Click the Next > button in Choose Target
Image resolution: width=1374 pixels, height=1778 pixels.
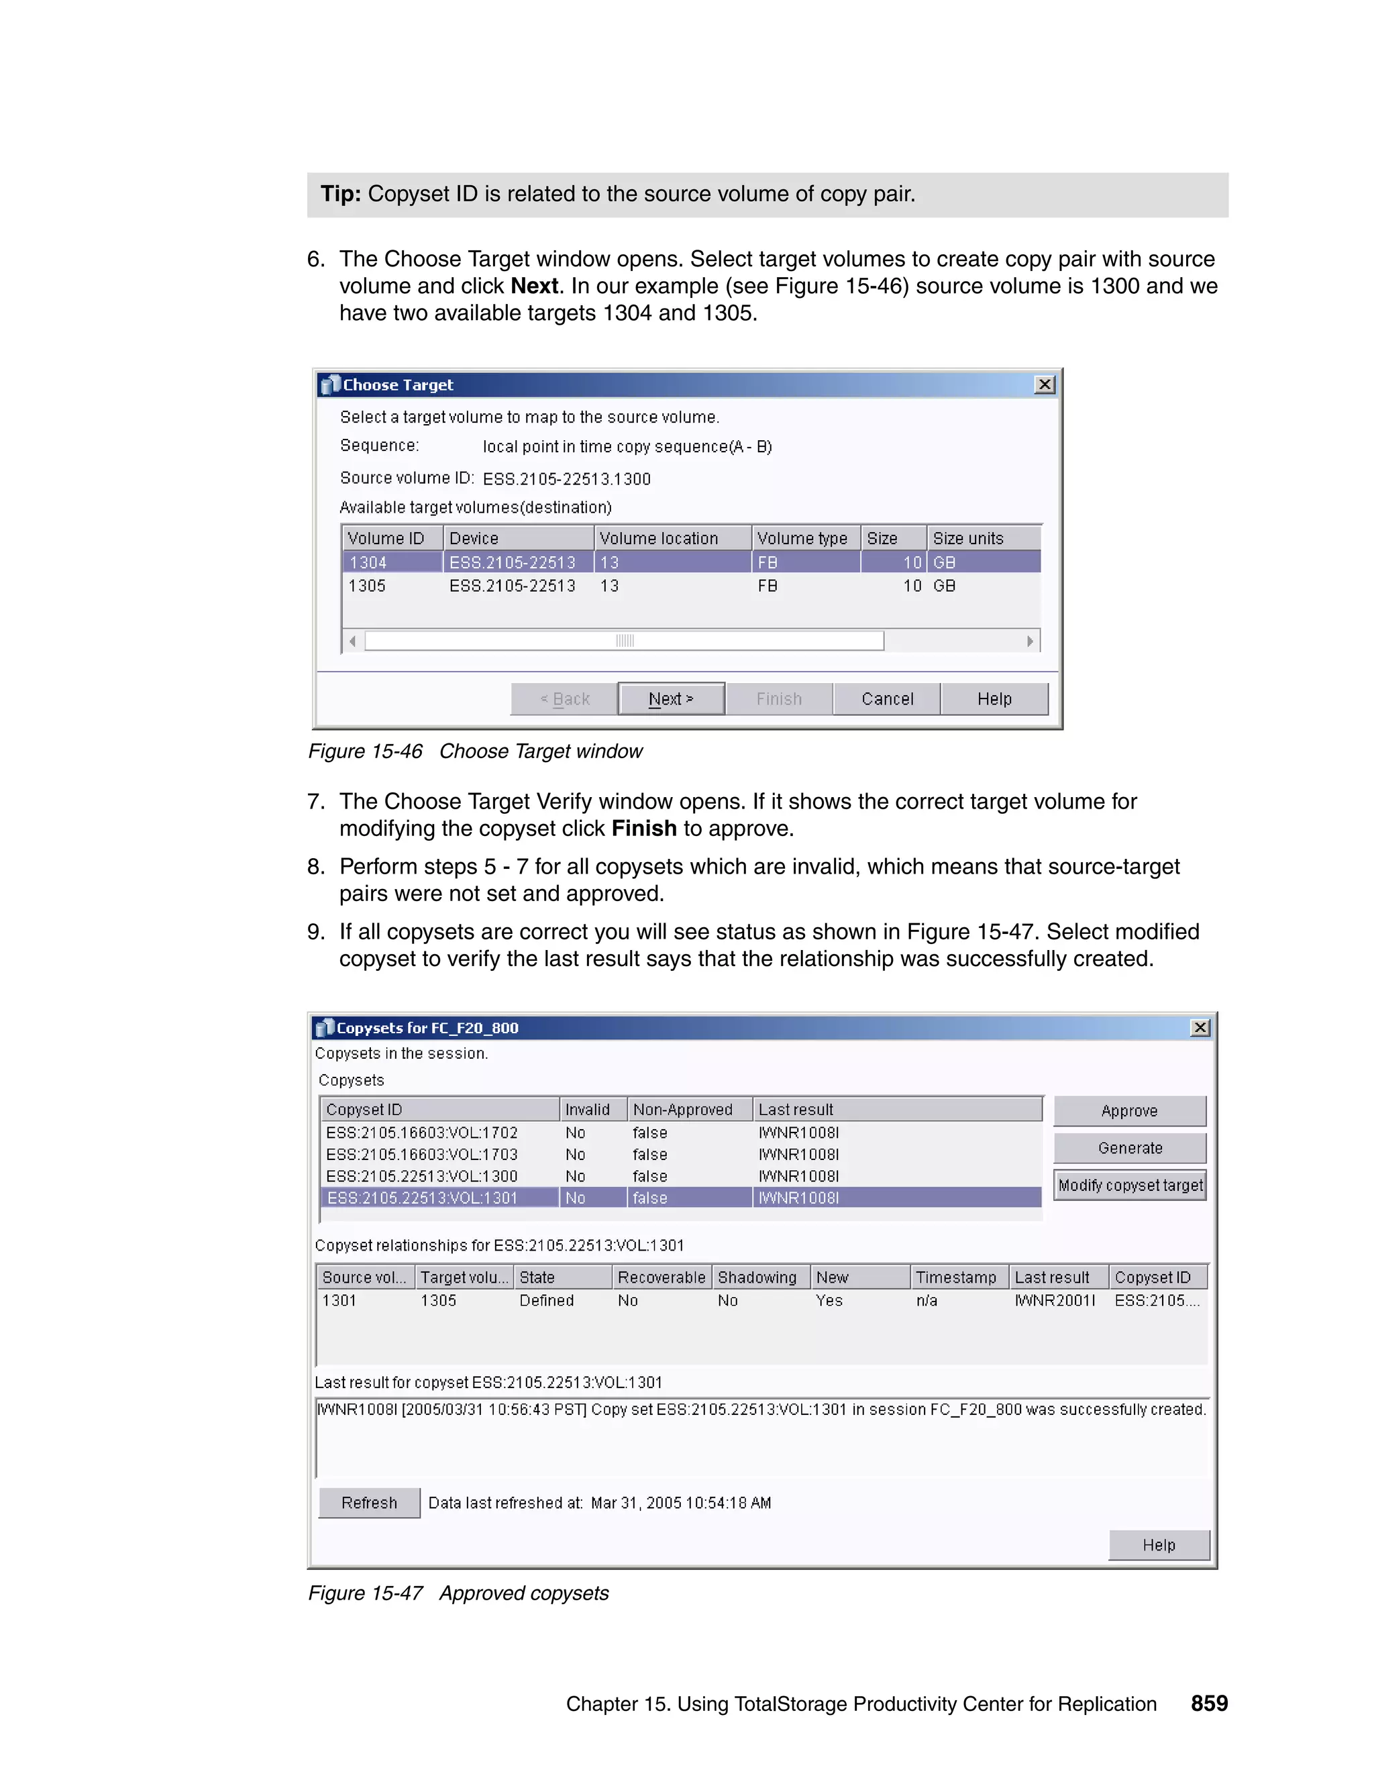(671, 698)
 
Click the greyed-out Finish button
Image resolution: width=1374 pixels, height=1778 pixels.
(779, 698)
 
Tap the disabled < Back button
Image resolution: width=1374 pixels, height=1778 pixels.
(564, 698)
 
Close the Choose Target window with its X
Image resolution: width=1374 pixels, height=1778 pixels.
(1045, 384)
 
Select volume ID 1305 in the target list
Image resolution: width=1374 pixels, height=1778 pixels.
(367, 586)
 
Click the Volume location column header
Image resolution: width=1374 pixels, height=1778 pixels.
(659, 538)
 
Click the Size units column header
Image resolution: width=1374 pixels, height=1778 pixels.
(968, 538)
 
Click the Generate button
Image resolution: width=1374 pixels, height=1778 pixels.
(1130, 1148)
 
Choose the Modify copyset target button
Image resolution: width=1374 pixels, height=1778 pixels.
(1130, 1186)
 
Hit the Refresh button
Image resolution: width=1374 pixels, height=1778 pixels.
(369, 1503)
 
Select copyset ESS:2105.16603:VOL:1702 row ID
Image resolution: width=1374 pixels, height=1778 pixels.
(421, 1133)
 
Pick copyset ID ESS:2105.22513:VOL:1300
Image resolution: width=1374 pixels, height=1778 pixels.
(421, 1176)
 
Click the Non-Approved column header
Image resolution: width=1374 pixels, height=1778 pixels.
(682, 1110)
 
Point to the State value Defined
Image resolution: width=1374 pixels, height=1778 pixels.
(546, 1301)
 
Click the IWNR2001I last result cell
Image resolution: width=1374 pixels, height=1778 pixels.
(1055, 1301)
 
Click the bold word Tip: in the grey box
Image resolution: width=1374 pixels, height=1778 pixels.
(340, 195)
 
